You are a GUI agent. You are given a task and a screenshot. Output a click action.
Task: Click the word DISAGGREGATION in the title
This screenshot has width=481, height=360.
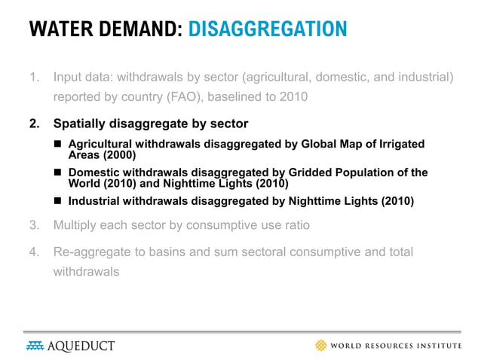(x=268, y=29)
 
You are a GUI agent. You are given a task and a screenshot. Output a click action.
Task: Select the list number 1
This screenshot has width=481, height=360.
(x=33, y=77)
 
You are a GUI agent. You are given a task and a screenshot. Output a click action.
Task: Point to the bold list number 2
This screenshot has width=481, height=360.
(x=33, y=123)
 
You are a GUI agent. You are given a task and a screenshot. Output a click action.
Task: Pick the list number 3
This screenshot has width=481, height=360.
(x=33, y=225)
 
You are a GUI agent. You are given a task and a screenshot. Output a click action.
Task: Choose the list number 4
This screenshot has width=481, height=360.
(x=33, y=252)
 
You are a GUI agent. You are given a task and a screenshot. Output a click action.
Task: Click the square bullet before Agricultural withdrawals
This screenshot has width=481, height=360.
(x=58, y=144)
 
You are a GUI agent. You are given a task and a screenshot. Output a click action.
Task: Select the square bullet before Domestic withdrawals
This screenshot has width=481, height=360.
(x=58, y=172)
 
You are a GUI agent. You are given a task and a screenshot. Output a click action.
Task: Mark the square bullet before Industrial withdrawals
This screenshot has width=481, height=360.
(x=58, y=201)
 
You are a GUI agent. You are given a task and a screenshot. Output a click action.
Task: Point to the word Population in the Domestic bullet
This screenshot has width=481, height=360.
(x=375, y=172)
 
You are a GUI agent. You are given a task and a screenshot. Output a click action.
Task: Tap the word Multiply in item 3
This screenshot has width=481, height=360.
(x=75, y=225)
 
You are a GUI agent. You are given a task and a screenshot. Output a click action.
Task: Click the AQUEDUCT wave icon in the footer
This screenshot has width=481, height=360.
(x=34, y=346)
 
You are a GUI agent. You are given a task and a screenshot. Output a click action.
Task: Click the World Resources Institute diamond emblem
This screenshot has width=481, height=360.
(x=321, y=346)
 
